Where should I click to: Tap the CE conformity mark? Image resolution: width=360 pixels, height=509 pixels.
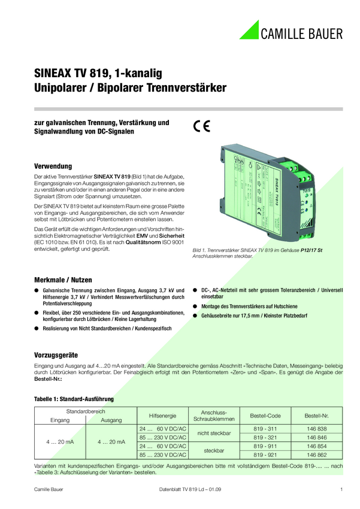point(201,127)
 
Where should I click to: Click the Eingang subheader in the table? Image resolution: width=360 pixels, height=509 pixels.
point(60,420)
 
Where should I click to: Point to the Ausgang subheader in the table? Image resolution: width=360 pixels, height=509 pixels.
point(111,420)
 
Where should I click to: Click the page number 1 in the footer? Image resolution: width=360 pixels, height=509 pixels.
point(340,490)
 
